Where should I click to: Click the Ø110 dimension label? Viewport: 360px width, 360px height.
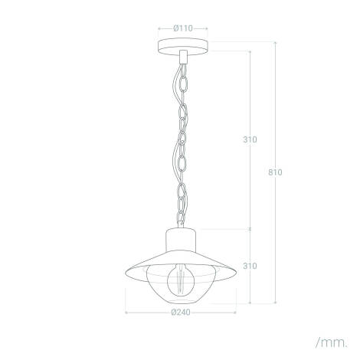click(182, 28)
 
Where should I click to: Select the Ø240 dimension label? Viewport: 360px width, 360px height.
click(182, 312)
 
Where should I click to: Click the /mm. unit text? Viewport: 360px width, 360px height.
click(331, 339)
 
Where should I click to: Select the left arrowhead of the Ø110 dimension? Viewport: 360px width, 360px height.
click(159, 28)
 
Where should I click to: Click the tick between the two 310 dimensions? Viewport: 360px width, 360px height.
click(250, 227)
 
